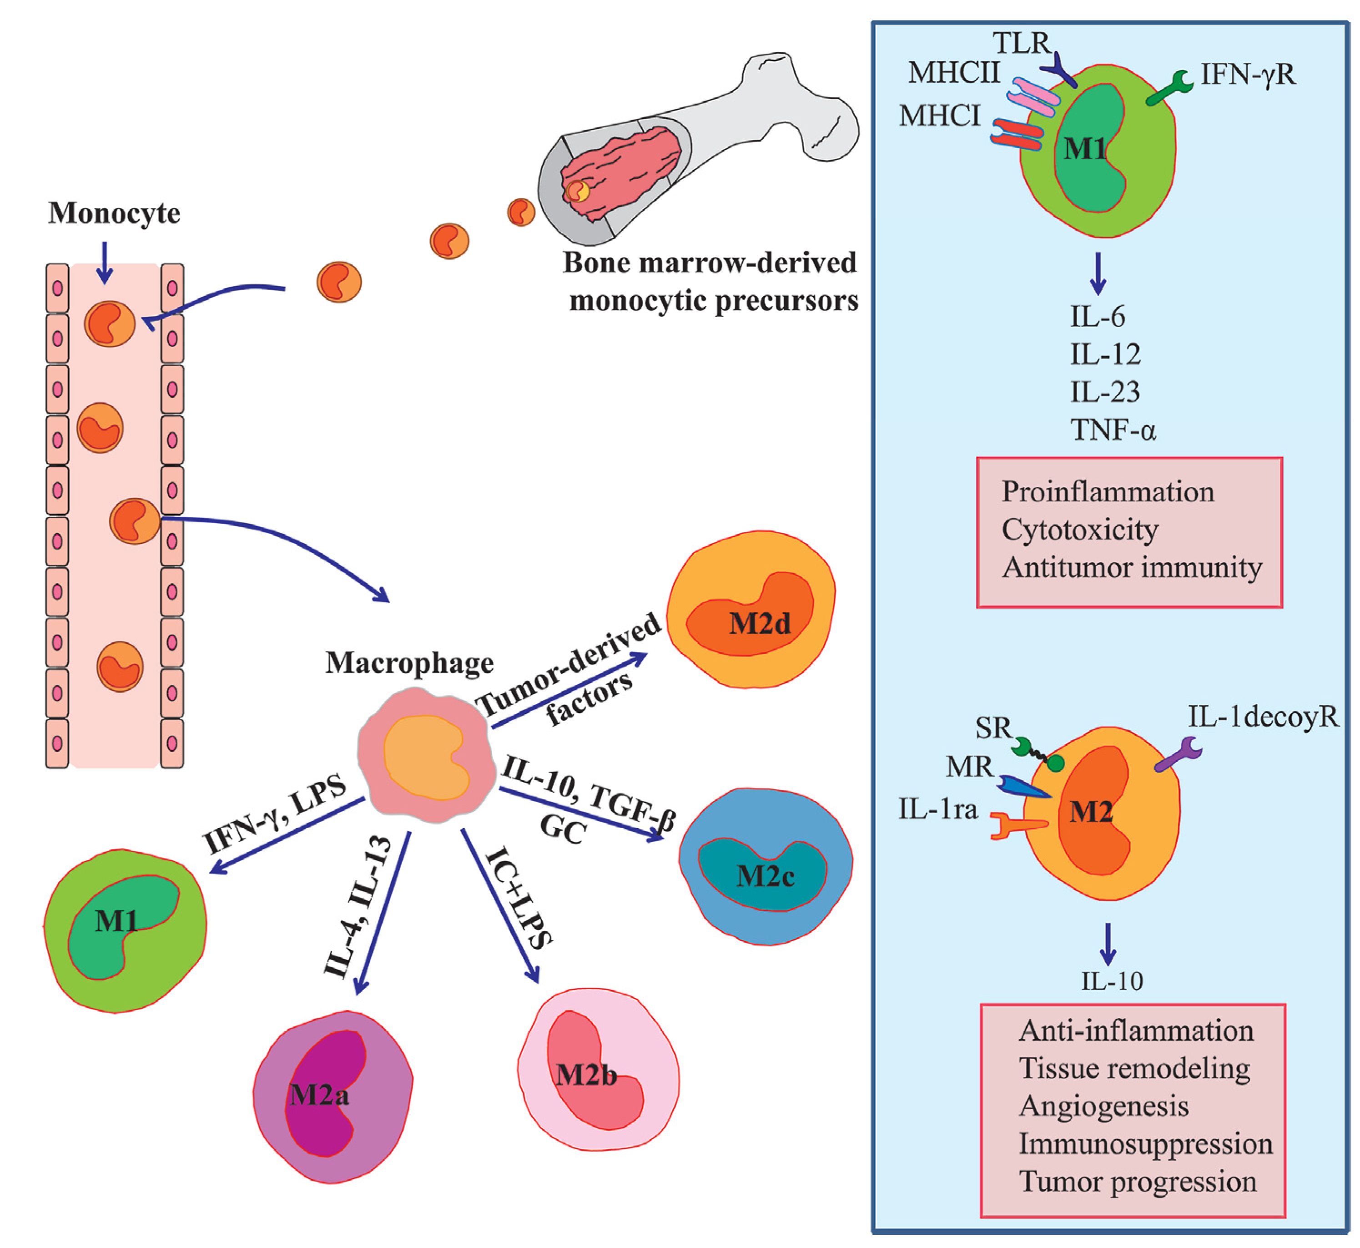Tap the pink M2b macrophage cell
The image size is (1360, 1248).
[x=598, y=1071]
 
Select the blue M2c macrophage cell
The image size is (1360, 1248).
[x=765, y=866]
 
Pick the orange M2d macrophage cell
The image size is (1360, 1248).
[x=751, y=610]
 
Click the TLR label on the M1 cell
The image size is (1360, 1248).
[x=1022, y=43]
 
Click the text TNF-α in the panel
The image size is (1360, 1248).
[x=1113, y=429]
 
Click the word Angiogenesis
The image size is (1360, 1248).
[x=1104, y=1106]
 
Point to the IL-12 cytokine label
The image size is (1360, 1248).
[x=1105, y=354]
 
